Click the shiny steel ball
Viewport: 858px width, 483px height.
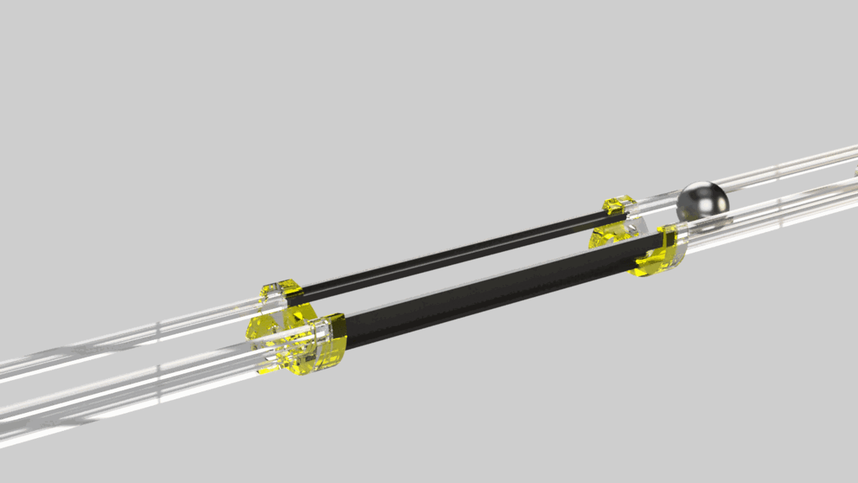(x=702, y=201)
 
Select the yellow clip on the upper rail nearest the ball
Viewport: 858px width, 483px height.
(x=617, y=205)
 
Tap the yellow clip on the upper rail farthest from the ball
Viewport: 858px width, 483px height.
(x=281, y=289)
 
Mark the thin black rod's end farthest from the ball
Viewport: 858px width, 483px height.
(x=303, y=291)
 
